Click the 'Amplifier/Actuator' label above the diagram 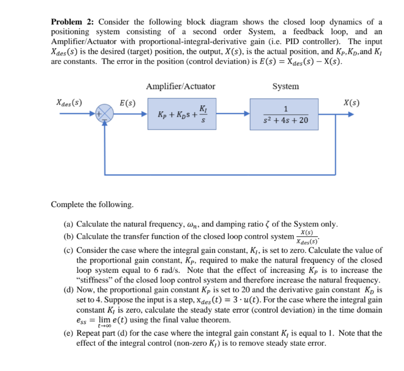point(181,86)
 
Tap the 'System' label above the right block point(286,86)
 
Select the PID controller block point(182,114)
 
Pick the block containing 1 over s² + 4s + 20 point(284,114)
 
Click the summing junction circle point(104,113)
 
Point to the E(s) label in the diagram point(127,103)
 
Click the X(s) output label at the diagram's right point(351,103)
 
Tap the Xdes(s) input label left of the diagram point(69,103)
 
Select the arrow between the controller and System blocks point(233,114)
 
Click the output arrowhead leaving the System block point(350,114)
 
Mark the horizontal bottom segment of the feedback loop point(220,175)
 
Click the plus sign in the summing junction point(99,113)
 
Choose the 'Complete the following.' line point(92,204)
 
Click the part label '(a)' point(69,224)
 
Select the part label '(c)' point(69,250)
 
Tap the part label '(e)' point(69,333)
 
